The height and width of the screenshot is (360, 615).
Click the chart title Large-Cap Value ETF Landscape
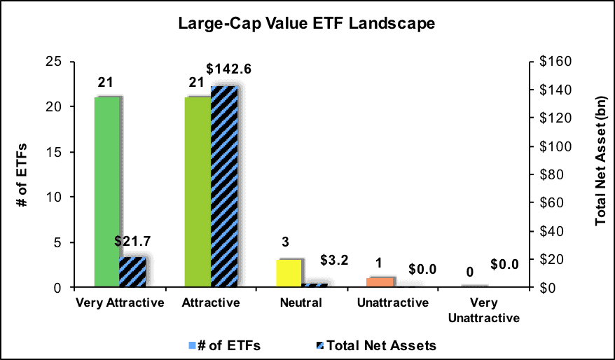pyautogui.click(x=307, y=24)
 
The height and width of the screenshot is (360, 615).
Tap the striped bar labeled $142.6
pyautogui.click(x=225, y=186)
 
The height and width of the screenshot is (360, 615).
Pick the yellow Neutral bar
pyautogui.click(x=289, y=273)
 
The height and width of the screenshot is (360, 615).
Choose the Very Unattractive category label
pyautogui.click(x=485, y=310)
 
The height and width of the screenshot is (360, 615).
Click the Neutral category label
pyautogui.click(x=302, y=303)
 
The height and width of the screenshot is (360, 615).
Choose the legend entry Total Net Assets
pyautogui.click(x=383, y=345)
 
